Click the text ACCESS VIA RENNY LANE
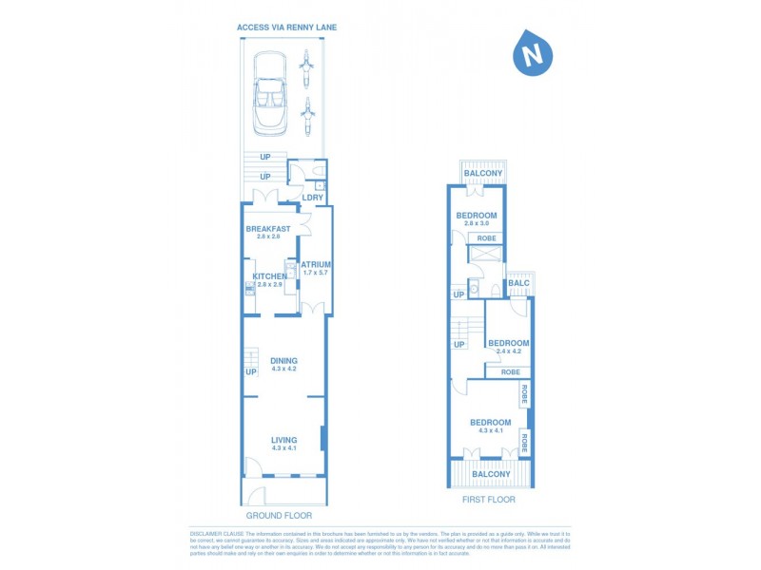286,28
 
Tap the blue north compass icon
534,53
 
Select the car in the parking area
268,94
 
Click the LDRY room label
312,198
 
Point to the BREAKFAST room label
267,229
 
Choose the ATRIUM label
316,264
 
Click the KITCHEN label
269,276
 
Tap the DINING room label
283,360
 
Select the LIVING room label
283,440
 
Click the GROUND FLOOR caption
279,515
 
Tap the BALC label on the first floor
518,283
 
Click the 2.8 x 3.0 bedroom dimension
478,223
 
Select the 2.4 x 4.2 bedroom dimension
508,351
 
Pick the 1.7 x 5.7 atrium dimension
316,273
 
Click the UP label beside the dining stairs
251,371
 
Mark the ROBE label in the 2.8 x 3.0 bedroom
486,238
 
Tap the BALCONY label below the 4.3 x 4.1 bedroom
491,473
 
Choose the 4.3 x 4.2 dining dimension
283,369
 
